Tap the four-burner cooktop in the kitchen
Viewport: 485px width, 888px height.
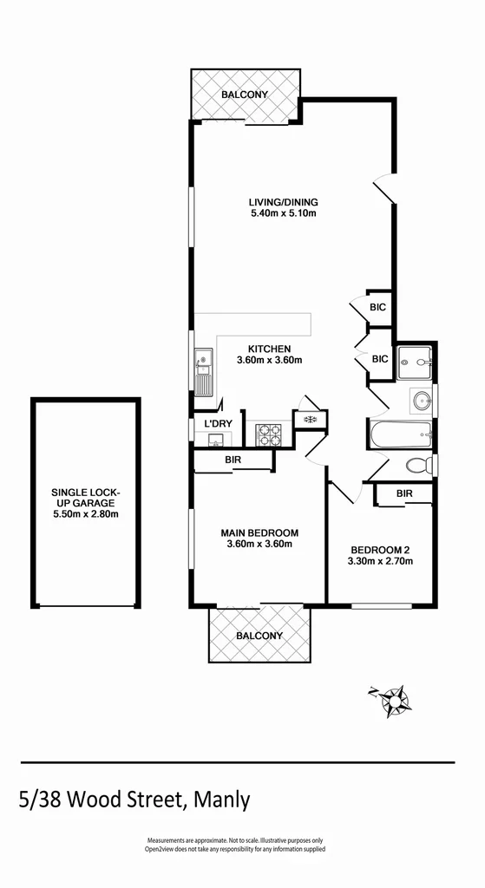click(x=268, y=434)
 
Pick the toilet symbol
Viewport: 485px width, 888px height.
click(x=419, y=465)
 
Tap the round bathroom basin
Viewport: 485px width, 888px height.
click(x=423, y=401)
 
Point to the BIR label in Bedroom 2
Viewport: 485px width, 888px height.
click(x=403, y=493)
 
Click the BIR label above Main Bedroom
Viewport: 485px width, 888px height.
click(x=233, y=460)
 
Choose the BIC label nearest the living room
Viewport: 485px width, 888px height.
click(x=378, y=307)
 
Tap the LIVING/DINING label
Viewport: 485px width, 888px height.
click(x=279, y=203)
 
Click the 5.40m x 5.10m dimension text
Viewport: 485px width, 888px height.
click(x=279, y=214)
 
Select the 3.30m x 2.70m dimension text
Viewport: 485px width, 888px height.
click(x=381, y=561)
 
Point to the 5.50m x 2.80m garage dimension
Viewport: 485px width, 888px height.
click(x=85, y=514)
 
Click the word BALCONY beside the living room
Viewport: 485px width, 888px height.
click(x=245, y=95)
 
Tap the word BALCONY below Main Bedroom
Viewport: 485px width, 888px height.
click(x=259, y=636)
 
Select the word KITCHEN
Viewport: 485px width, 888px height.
click(x=269, y=349)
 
